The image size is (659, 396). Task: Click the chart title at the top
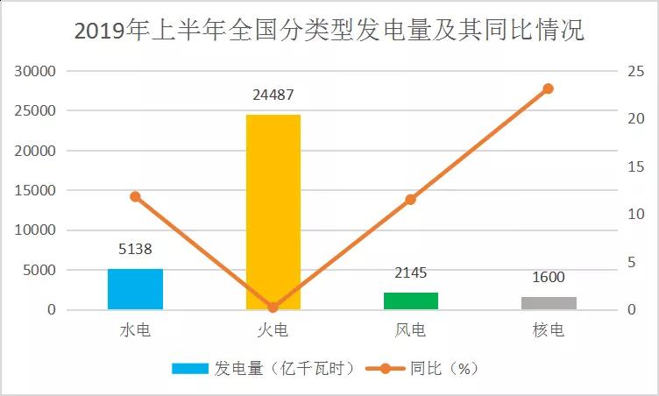click(329, 32)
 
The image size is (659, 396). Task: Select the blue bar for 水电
click(135, 289)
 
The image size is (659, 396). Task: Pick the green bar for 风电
click(410, 301)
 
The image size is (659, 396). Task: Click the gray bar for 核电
click(549, 303)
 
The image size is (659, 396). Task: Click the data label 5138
click(135, 250)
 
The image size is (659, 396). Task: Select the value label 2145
click(410, 273)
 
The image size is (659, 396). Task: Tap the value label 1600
click(549, 278)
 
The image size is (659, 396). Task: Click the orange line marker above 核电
click(549, 88)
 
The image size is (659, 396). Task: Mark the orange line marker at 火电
click(273, 308)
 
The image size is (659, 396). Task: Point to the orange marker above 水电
click(135, 196)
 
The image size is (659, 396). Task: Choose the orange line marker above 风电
click(410, 200)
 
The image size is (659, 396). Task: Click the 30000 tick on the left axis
click(37, 71)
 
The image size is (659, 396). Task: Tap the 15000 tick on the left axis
click(37, 190)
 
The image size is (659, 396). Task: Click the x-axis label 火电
click(273, 331)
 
